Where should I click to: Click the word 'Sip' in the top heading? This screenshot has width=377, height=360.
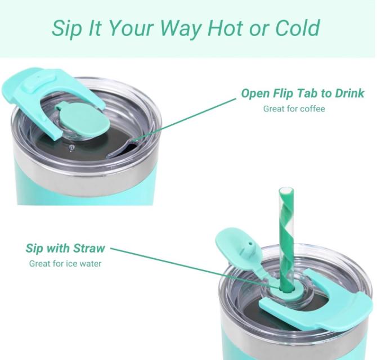click(x=66, y=28)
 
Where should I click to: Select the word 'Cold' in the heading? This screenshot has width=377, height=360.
click(x=298, y=28)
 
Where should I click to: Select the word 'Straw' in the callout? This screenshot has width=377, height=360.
click(x=89, y=248)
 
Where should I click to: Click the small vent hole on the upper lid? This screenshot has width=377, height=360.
click(x=71, y=147)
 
